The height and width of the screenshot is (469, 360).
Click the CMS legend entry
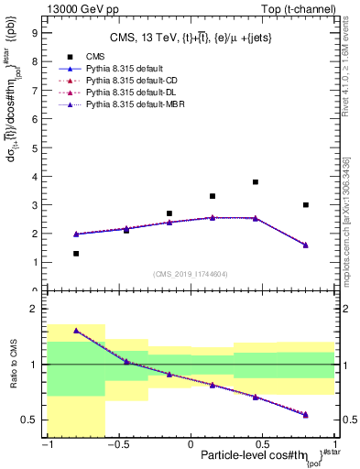[x=96, y=81]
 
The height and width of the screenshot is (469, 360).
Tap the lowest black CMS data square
[x=76, y=254]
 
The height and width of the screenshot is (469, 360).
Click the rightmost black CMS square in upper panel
[x=305, y=205]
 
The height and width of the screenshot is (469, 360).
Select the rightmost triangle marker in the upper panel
[x=305, y=245]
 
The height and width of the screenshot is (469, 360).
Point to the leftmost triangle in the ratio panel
[x=76, y=331]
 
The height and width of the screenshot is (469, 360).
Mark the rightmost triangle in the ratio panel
[x=305, y=414]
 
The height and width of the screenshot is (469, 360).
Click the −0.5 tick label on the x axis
[x=116, y=443]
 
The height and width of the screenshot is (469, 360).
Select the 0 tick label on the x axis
[x=191, y=443]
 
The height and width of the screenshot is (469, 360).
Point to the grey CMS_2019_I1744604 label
[x=191, y=275]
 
